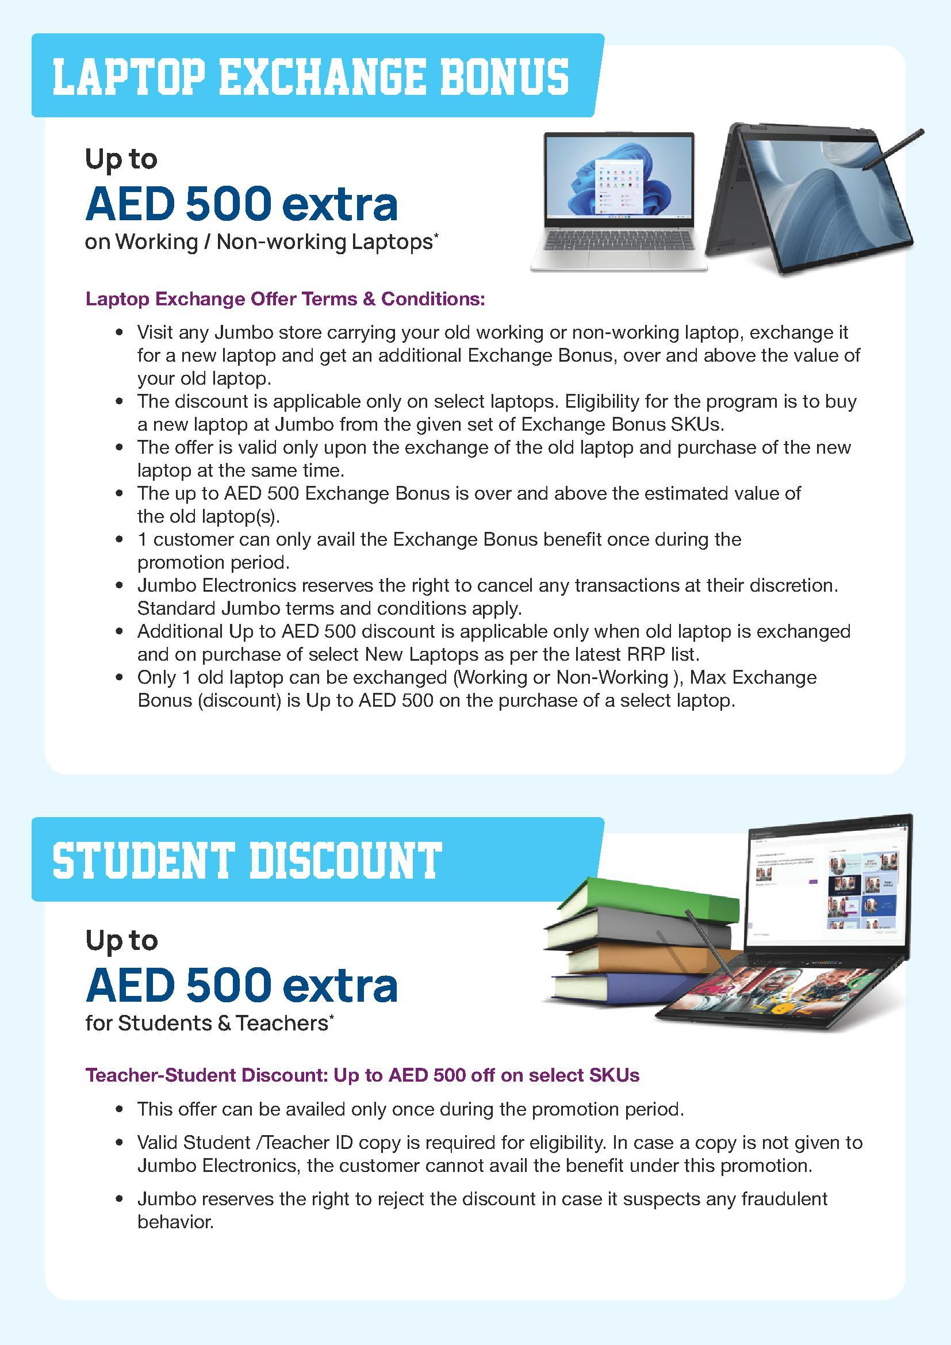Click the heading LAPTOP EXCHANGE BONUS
(x=310, y=76)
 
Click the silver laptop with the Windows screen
(x=619, y=202)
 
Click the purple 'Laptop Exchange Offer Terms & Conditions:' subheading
(x=285, y=299)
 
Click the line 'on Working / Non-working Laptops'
(x=260, y=242)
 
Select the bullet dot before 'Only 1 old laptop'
(x=120, y=678)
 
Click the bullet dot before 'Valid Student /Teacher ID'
(x=120, y=1143)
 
